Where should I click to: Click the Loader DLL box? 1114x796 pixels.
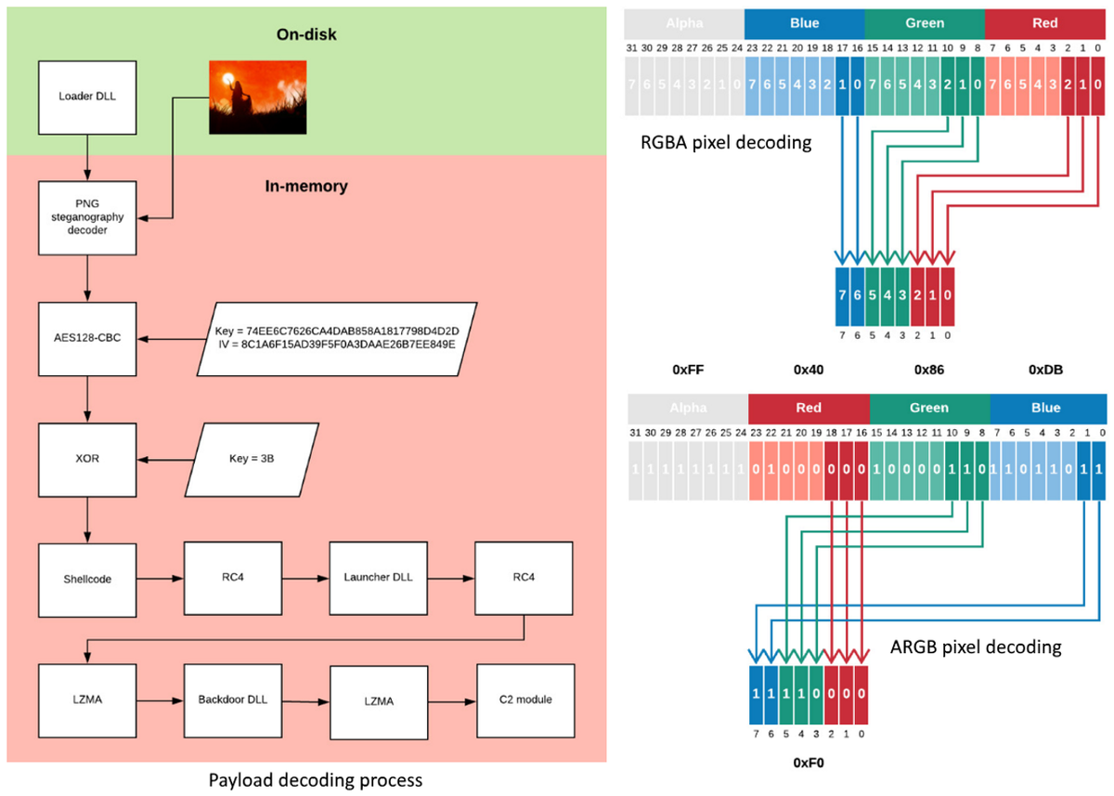pos(86,96)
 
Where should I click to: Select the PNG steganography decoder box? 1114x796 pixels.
pos(86,218)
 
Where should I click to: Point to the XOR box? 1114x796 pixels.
pos(86,458)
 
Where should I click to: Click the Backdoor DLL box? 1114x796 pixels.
pos(230,698)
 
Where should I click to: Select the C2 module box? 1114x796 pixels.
pos(520,698)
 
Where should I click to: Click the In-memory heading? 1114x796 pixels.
pos(305,187)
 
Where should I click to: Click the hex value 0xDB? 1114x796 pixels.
pos(1046,370)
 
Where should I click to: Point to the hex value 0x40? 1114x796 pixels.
pos(809,370)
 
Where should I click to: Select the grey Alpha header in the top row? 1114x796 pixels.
pos(685,23)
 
